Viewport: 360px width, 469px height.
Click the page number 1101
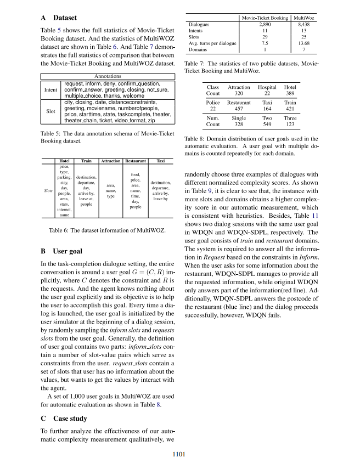coord(180,454)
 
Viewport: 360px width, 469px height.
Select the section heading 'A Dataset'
coord(60,18)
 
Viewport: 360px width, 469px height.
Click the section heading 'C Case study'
coord(64,419)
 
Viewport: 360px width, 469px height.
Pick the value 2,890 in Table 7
coord(265,25)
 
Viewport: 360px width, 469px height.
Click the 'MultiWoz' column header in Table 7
coord(307,18)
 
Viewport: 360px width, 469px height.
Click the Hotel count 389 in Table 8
coord(290,94)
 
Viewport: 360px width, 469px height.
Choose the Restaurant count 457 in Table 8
coord(239,109)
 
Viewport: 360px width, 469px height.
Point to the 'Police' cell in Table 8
coord(213,103)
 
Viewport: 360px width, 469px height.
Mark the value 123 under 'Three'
coord(290,125)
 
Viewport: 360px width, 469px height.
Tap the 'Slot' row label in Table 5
coord(50,110)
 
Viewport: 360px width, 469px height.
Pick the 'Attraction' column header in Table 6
coord(111,161)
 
